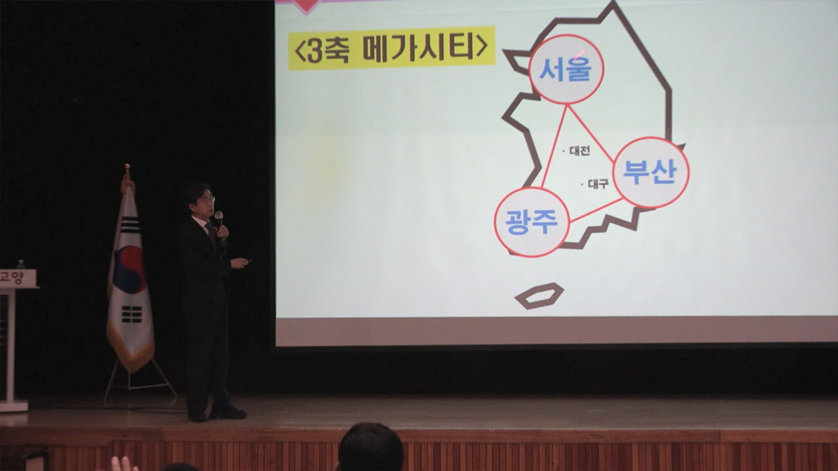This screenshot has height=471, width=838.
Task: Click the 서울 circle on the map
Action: tap(566, 69)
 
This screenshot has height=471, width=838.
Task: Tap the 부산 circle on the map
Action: tap(651, 173)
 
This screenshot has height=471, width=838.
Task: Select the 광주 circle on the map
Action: tap(532, 222)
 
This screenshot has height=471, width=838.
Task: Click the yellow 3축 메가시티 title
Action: tap(392, 48)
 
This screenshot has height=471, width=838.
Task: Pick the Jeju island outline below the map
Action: tap(539, 296)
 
